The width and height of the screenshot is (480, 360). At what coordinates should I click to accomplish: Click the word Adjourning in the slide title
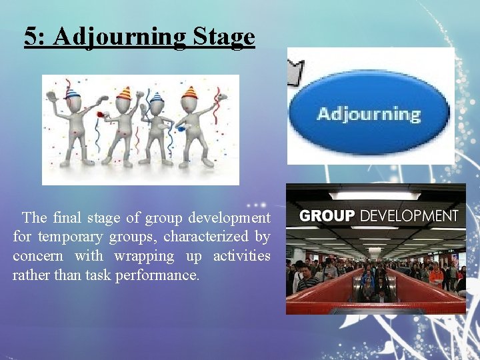120,37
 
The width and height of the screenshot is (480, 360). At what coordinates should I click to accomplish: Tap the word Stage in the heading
223,37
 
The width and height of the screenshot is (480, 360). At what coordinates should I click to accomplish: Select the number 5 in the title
31,37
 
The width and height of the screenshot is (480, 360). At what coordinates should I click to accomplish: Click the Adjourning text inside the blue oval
369,114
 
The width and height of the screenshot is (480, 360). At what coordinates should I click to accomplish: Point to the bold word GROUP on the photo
327,216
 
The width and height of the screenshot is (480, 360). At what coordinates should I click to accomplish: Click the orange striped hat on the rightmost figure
190,93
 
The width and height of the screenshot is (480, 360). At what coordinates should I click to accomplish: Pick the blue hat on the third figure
157,97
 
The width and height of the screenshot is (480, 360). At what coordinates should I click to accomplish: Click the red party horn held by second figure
101,115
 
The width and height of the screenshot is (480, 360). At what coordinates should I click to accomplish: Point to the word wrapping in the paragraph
144,256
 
